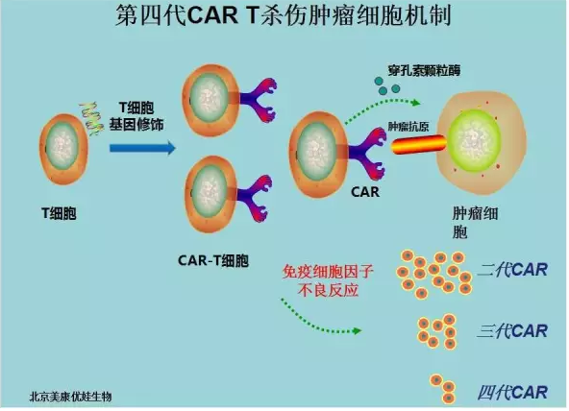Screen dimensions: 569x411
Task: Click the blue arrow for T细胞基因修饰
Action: pos(142,148)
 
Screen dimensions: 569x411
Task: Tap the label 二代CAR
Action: pos(512,270)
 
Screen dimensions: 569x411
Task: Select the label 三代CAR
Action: pos(512,331)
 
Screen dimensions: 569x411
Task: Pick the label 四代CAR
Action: pos(512,393)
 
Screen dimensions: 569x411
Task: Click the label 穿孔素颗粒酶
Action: pos(424,70)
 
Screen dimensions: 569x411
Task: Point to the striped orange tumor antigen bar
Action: pos(419,145)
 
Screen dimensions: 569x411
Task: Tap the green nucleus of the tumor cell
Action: pos(475,141)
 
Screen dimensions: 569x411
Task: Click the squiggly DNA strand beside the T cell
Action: pos(90,118)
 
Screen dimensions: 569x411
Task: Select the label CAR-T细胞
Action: pos(213,260)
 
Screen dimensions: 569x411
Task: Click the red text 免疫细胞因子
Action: pos(328,272)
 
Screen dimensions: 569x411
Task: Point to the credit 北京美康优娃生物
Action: pos(70,397)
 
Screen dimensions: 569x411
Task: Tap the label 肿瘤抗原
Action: pos(408,127)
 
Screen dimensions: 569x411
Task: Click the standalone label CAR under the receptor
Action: pos(365,192)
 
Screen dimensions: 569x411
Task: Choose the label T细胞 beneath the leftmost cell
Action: pos(60,213)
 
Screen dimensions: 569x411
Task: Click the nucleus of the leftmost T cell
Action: pos(62,147)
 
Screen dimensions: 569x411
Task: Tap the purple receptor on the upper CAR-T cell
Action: pos(256,100)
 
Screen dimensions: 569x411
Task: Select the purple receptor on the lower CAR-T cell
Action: pos(254,198)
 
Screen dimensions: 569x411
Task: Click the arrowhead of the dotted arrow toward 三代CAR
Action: pos(358,330)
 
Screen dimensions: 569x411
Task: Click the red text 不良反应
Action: pos(329,290)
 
